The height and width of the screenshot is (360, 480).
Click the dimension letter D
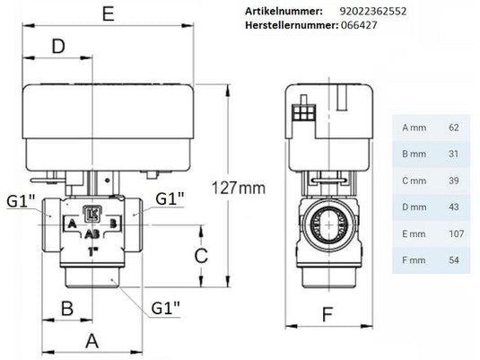point(58,47)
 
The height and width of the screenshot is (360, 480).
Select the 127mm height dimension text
point(241,189)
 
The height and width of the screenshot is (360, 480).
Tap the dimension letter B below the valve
point(65,308)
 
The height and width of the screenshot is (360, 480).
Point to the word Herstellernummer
point(291,28)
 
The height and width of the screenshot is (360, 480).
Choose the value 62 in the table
point(453,127)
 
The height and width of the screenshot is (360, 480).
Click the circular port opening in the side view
point(326,221)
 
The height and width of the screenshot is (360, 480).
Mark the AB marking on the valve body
point(92,232)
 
